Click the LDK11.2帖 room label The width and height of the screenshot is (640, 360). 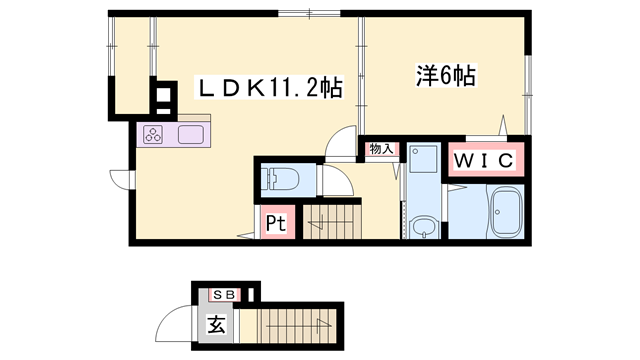pyautogui.click(x=271, y=89)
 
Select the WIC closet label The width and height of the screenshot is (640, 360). pyautogui.click(x=485, y=160)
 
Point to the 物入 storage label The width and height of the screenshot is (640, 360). pyautogui.click(x=381, y=150)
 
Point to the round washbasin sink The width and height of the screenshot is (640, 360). pyautogui.click(x=424, y=225)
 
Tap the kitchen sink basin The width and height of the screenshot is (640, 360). pyautogui.click(x=191, y=135)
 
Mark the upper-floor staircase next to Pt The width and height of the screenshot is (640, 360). pyautogui.click(x=329, y=221)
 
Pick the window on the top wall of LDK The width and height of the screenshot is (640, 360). pyautogui.click(x=309, y=13)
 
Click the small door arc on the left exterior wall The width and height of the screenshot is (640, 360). pyautogui.click(x=119, y=181)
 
